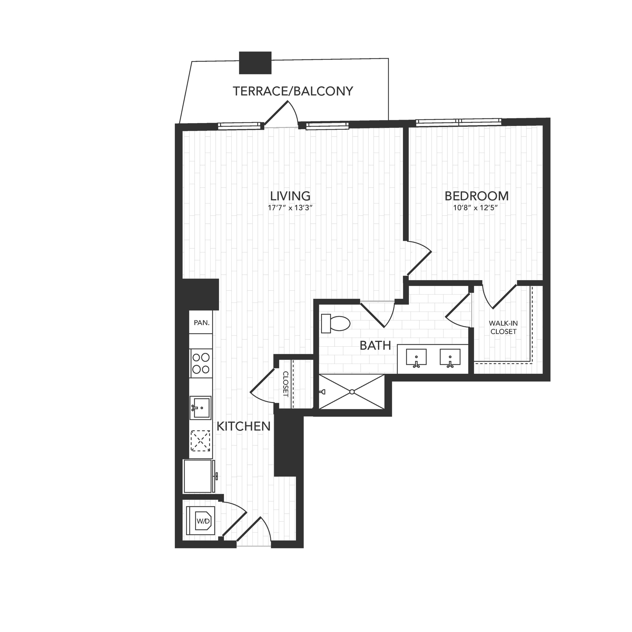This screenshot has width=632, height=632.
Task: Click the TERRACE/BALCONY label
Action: [x=293, y=91]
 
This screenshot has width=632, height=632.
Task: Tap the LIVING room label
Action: [x=290, y=196]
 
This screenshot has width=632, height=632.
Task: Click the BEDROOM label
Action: [x=477, y=196]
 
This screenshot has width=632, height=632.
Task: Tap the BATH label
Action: [x=375, y=345]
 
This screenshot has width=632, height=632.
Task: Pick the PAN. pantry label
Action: [x=202, y=323]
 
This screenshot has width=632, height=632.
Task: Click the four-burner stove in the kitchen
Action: [x=201, y=363]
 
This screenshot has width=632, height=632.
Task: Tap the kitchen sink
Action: [x=201, y=408]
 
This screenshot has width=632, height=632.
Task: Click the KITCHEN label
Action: [x=244, y=426]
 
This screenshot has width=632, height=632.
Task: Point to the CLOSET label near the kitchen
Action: [x=285, y=384]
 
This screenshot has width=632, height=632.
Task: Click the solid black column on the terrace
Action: [x=255, y=63]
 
